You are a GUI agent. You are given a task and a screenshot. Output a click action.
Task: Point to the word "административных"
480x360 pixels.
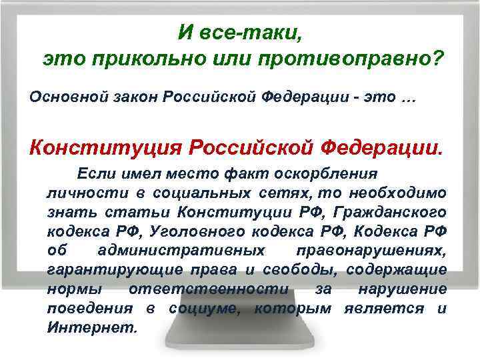179,251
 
